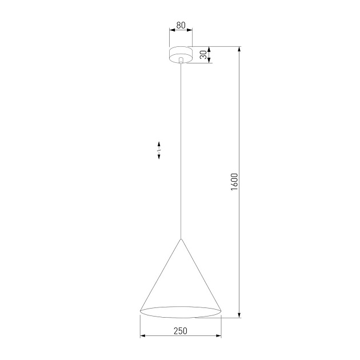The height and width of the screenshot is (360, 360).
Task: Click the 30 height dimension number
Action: click(x=203, y=55)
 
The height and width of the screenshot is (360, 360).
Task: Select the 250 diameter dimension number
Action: click(x=181, y=331)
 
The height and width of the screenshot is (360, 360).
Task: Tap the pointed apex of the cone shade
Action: click(x=181, y=239)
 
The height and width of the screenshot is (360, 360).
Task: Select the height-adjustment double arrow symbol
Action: click(x=159, y=151)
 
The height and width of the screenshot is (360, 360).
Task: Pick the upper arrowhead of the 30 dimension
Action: click(x=209, y=49)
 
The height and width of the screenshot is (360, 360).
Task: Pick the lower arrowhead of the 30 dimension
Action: click(x=209, y=60)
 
